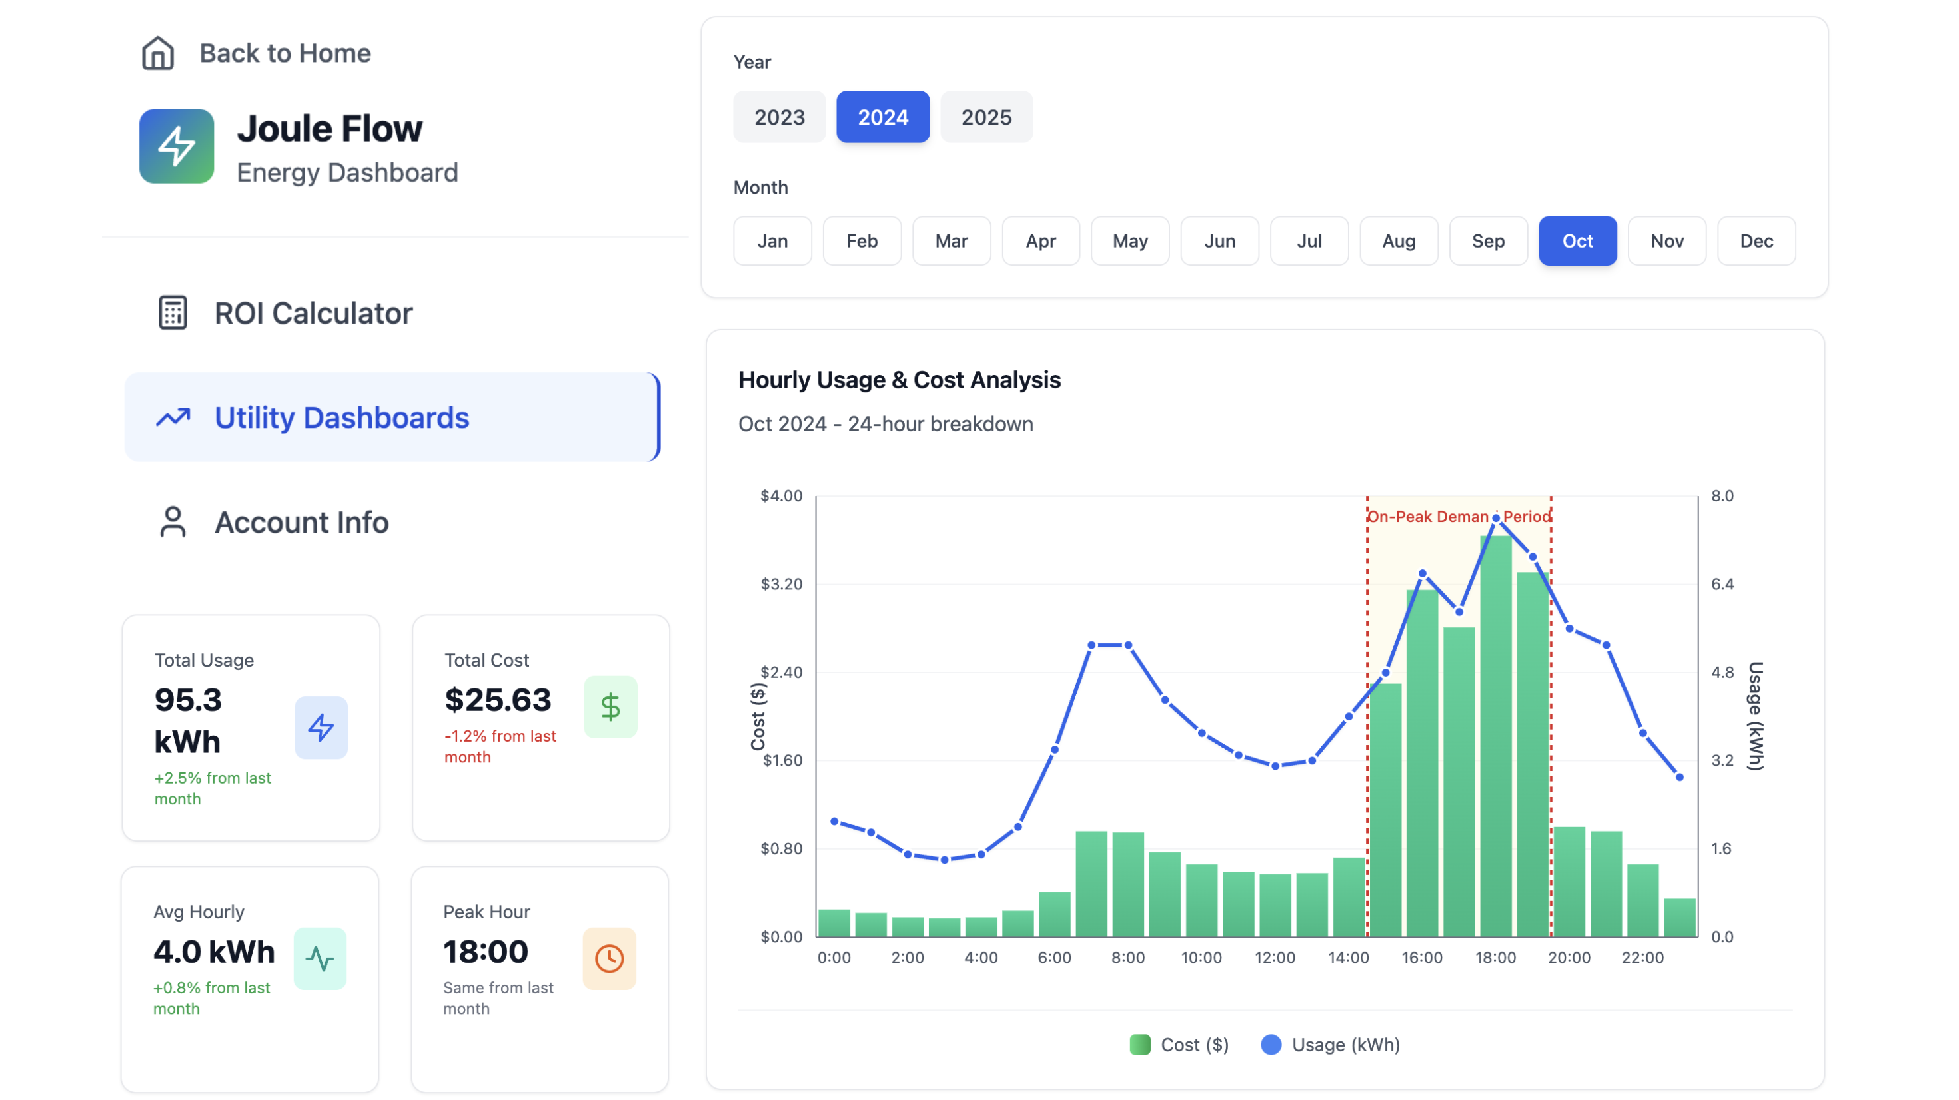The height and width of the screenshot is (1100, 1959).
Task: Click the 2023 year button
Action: pos(779,117)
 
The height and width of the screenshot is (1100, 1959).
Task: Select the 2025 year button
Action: pos(985,117)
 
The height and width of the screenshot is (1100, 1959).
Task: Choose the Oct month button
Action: pos(1577,241)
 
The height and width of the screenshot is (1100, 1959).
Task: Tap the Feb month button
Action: pos(861,241)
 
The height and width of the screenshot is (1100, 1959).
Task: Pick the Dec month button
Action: pos(1755,241)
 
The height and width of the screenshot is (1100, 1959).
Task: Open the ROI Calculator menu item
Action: pos(313,313)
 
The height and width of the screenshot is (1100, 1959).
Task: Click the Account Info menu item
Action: pos(301,522)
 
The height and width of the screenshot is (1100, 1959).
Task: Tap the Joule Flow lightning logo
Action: pos(177,146)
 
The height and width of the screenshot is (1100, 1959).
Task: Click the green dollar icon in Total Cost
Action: pos(610,707)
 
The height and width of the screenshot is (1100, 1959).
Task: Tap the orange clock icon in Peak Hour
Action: pos(609,958)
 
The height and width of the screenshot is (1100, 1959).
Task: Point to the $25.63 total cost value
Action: pos(497,699)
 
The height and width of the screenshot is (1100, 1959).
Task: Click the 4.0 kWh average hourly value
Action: pos(214,951)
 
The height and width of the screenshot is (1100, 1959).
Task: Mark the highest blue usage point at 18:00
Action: pos(1495,519)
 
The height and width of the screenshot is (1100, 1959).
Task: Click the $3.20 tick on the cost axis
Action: pos(781,584)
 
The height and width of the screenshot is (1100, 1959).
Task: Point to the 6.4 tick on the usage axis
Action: pos(1722,584)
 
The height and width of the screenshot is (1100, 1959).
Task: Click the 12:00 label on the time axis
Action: pos(1275,957)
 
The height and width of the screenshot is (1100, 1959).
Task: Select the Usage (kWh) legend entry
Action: pos(1330,1045)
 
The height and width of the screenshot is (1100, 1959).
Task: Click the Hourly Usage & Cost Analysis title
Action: pos(899,380)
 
